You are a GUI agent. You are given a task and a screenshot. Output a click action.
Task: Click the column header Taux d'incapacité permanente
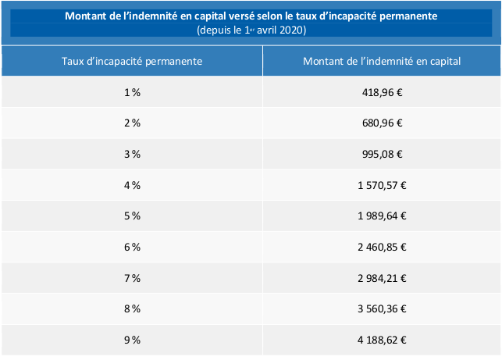(x=132, y=60)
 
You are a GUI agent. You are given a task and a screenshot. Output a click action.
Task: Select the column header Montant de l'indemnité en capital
(x=382, y=60)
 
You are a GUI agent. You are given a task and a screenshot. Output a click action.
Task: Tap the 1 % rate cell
(x=132, y=91)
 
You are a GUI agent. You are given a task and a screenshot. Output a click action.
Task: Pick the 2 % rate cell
(x=132, y=123)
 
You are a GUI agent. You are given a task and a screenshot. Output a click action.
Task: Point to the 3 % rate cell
(x=132, y=154)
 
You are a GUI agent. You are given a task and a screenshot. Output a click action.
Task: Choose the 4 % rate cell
(x=132, y=185)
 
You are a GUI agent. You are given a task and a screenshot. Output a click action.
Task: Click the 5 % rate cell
(x=132, y=216)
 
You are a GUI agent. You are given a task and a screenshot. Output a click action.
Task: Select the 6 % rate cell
(x=132, y=247)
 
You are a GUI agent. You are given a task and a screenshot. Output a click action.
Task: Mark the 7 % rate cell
(x=132, y=278)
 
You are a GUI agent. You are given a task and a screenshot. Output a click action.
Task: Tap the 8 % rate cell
(x=132, y=308)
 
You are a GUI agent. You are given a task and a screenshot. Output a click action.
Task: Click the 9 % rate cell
(x=132, y=340)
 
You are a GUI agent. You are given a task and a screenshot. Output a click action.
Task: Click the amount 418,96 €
(x=383, y=91)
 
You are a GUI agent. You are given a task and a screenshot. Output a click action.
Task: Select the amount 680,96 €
(x=383, y=123)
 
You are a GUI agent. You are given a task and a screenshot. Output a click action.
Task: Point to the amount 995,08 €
(x=383, y=154)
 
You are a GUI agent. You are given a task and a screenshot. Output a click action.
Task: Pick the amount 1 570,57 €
(x=383, y=185)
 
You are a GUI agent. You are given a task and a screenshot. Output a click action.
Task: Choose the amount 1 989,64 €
(x=383, y=216)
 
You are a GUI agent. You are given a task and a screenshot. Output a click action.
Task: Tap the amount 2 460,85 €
(x=383, y=247)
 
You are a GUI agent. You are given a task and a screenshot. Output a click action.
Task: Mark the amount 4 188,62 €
(x=383, y=340)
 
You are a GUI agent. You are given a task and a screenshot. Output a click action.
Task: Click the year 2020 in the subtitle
(x=290, y=30)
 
